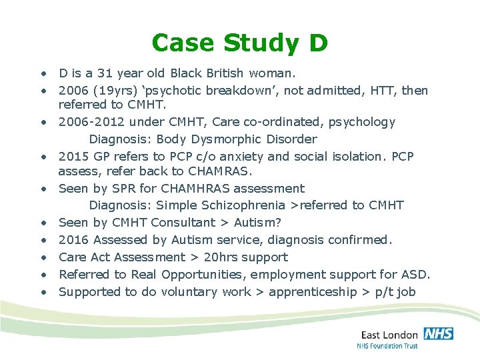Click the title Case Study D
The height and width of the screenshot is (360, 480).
click(x=239, y=43)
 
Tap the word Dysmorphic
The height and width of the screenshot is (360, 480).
click(x=209, y=139)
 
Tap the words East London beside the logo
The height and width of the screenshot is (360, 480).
click(x=389, y=335)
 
